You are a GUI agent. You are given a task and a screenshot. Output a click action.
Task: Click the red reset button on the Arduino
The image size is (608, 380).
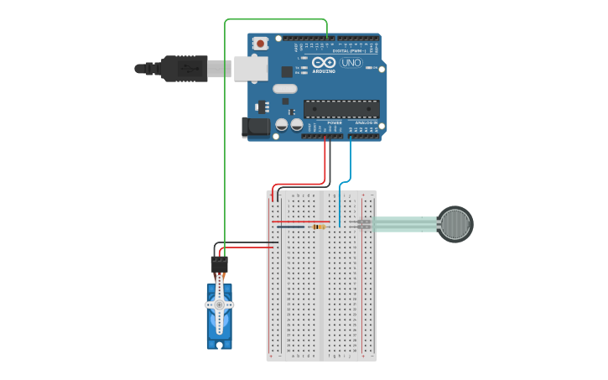pyautogui.click(x=261, y=43)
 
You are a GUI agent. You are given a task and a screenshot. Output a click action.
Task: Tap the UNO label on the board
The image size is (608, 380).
pyautogui.click(x=351, y=63)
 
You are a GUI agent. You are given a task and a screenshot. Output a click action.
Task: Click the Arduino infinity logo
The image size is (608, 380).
pyautogui.click(x=323, y=62)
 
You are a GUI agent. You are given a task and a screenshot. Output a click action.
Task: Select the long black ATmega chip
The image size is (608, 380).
pyautogui.click(x=341, y=108)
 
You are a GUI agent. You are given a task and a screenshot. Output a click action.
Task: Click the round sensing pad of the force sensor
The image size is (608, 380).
pyautogui.click(x=455, y=224)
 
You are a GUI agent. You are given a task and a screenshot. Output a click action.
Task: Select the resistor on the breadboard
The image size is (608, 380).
pyautogui.click(x=318, y=226)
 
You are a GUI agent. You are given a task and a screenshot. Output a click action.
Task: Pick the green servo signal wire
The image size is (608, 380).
pyautogui.click(x=225, y=126)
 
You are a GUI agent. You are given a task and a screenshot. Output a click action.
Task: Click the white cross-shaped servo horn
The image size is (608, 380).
pyautogui.click(x=220, y=305)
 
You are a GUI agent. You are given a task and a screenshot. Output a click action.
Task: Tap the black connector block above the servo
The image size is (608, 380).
pyautogui.click(x=220, y=263)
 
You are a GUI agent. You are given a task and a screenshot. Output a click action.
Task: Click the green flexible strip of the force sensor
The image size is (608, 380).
pyautogui.click(x=404, y=224)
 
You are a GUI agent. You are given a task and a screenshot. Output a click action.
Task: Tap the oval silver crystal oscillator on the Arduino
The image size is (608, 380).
pyautogui.click(x=285, y=88)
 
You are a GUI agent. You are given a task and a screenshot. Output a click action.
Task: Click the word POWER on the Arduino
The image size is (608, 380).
pyautogui.click(x=335, y=122)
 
